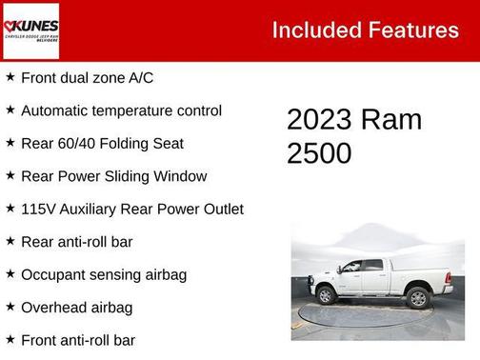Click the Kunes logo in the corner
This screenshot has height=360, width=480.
tap(30, 30)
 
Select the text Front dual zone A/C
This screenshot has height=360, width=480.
tap(88, 78)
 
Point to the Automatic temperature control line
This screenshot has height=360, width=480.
tap(121, 110)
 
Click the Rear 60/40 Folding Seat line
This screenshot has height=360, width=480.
tap(102, 144)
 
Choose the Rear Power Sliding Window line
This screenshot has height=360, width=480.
tap(113, 176)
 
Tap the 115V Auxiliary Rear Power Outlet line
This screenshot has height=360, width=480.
tap(131, 210)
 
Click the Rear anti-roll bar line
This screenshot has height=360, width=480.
tap(76, 242)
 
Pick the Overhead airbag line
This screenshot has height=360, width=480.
tap(76, 308)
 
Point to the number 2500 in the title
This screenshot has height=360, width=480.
tap(319, 153)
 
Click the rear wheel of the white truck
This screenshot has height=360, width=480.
tap(417, 297)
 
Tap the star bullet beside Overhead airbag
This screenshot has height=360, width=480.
tap(10, 307)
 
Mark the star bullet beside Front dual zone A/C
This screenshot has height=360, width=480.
tap(10, 77)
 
